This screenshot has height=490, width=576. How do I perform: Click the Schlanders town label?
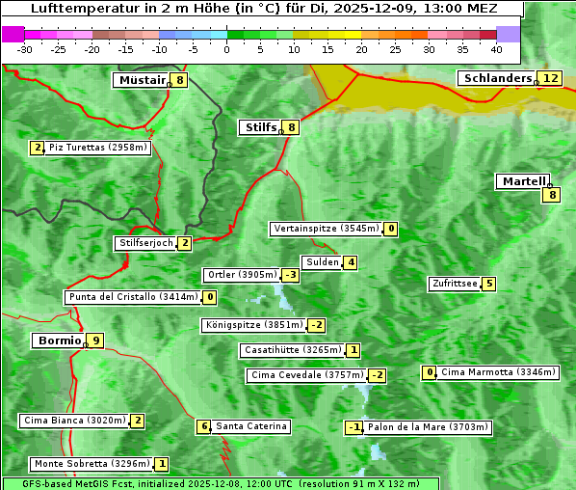pos(497,78)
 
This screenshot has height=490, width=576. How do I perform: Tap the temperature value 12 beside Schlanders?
pos(550,78)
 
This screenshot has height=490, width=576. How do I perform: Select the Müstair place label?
pos(141,80)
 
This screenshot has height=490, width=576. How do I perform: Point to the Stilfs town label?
pos(259,126)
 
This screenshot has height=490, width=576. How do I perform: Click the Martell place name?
pos(523,181)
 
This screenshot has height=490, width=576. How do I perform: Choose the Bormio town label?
pos(58,340)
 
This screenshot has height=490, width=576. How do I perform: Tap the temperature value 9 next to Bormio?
pos(95,340)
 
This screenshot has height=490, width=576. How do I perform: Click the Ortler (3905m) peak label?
pos(242,275)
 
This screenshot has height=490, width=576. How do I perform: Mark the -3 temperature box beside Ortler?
pos(290,275)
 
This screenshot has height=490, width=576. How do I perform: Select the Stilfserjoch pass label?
pos(145,243)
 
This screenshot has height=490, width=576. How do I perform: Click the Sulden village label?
pos(322,262)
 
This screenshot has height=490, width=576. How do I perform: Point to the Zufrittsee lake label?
pos(455,284)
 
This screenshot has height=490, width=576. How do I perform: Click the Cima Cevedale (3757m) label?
pos(306,375)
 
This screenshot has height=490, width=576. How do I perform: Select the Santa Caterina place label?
pos(250,426)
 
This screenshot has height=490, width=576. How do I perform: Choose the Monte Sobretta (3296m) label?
pos(91,464)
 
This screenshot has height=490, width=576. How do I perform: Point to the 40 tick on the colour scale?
pos(496,49)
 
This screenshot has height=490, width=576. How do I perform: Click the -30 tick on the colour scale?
pos(25,49)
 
